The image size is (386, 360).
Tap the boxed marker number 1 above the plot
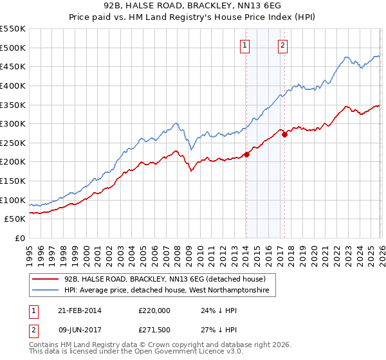(x=246, y=45)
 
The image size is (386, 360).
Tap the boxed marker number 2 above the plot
(x=283, y=45)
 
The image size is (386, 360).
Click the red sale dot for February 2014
(x=246, y=154)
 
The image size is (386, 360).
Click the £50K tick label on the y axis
(x=15, y=219)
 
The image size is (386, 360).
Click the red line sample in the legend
(x=46, y=279)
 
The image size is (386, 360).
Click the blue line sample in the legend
(x=46, y=291)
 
